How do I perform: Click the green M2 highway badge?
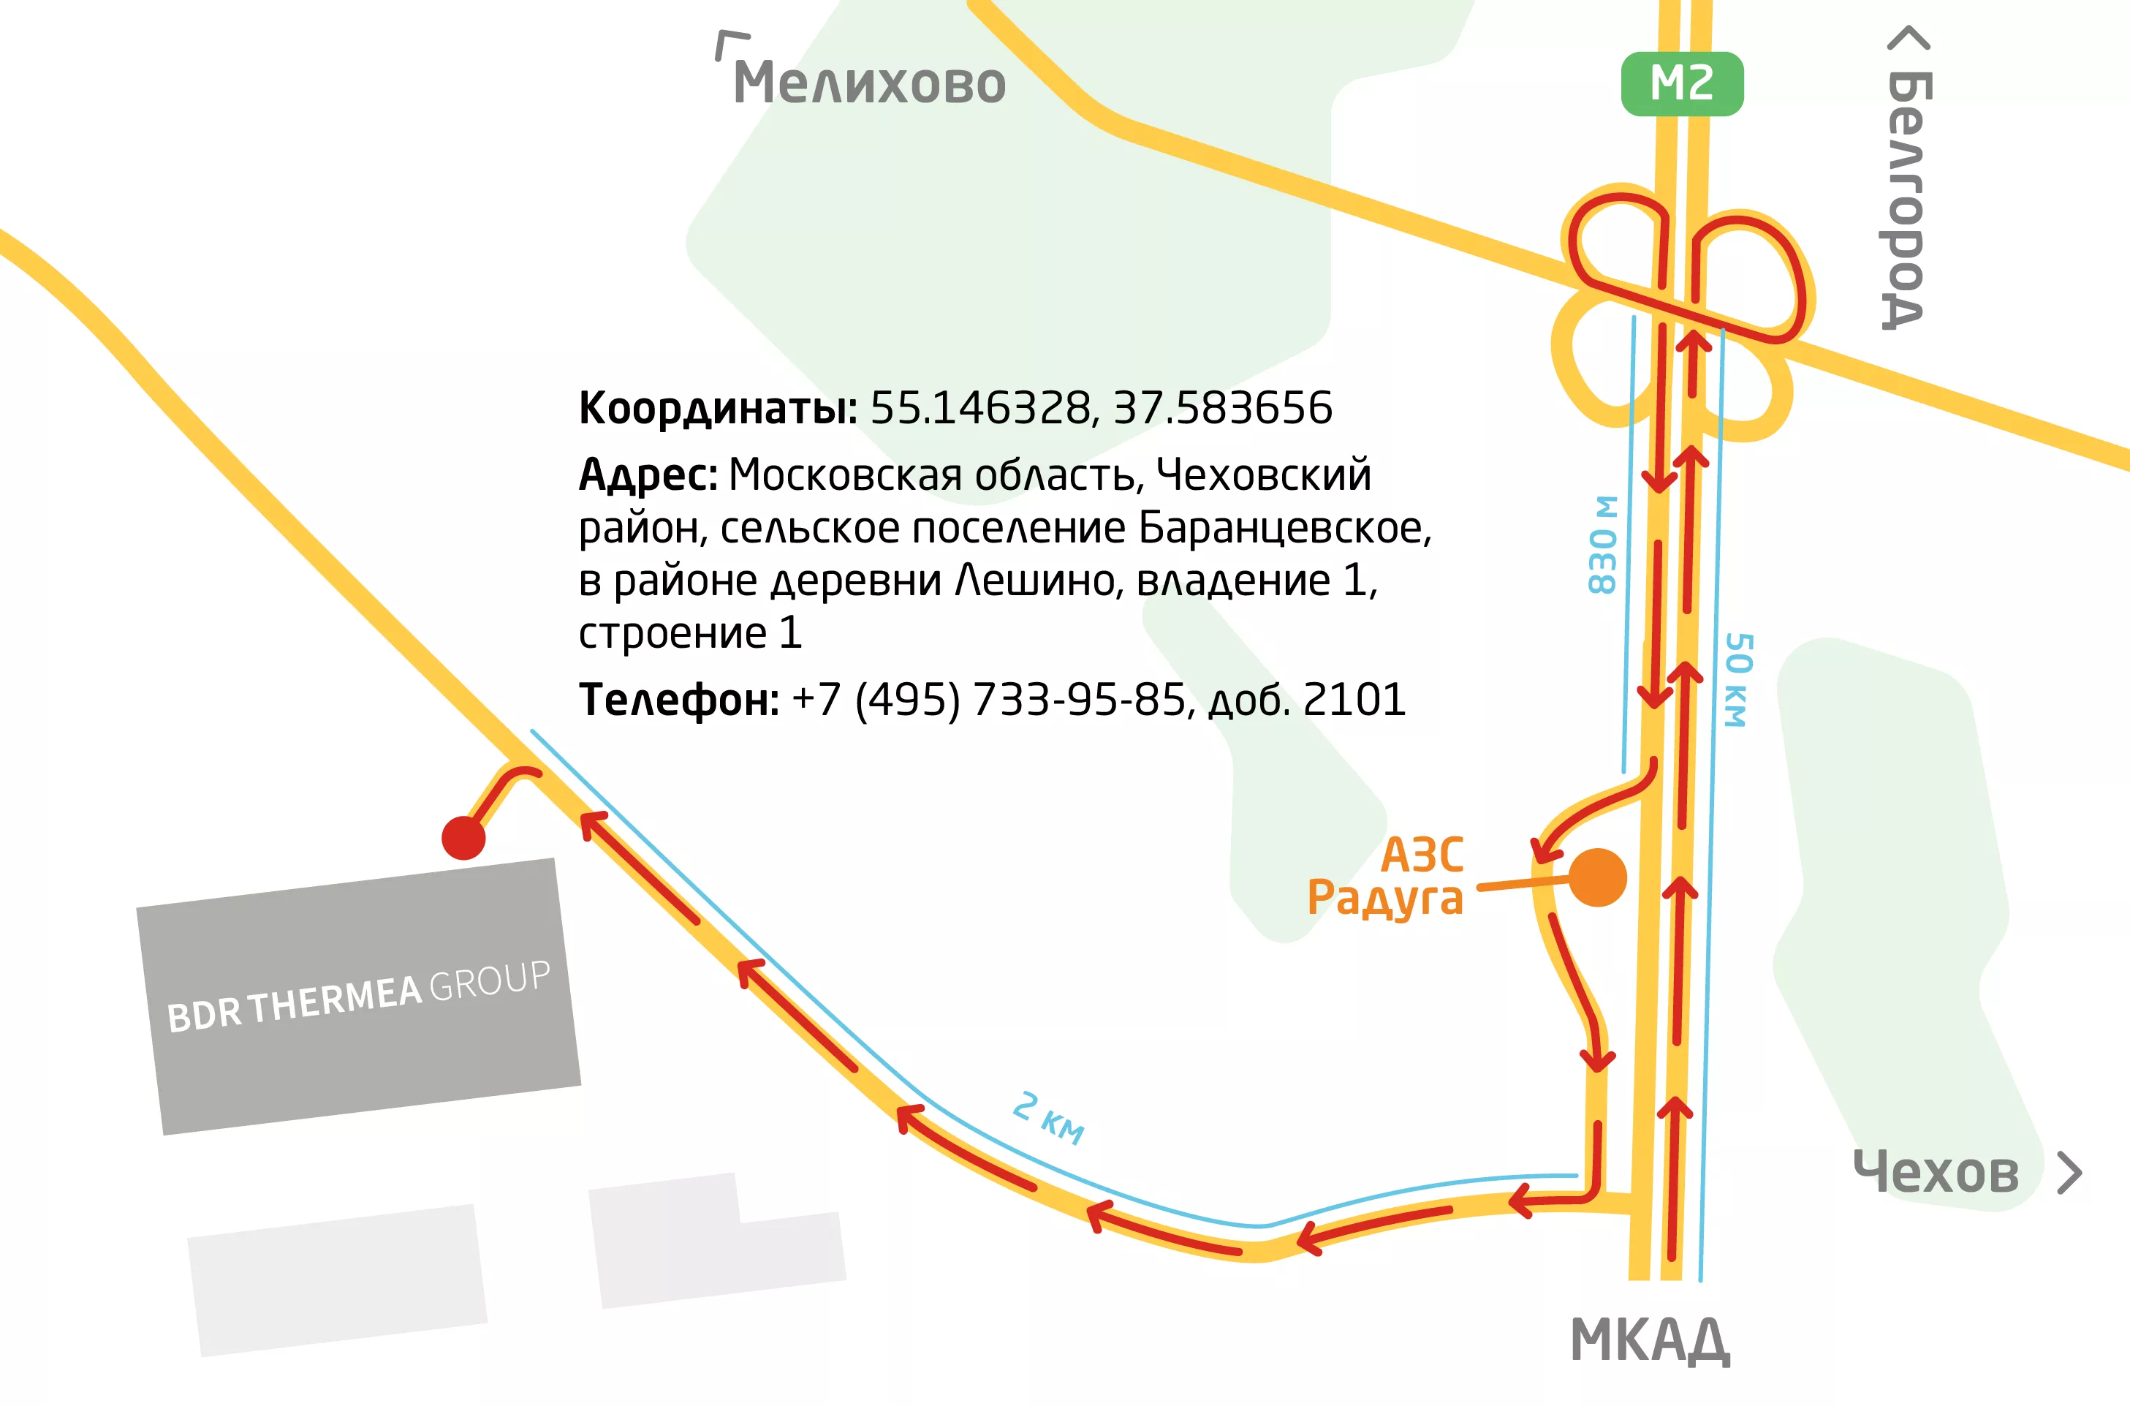[x=1682, y=84]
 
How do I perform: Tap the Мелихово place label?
[x=868, y=83]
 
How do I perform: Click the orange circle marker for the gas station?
[x=1598, y=878]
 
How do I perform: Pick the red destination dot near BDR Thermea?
[x=463, y=839]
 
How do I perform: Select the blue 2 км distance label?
[x=1048, y=1118]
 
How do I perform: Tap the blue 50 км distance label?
[x=1737, y=680]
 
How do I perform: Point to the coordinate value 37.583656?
[x=1223, y=408]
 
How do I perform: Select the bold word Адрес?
[x=647, y=475]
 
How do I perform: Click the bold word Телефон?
[x=678, y=700]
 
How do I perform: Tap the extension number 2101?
[x=1354, y=700]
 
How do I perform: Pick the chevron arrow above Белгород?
[x=1909, y=39]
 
